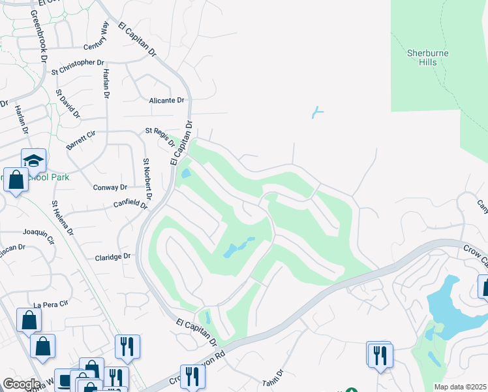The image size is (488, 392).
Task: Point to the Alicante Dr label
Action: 167,101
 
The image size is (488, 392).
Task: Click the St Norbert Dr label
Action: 147,179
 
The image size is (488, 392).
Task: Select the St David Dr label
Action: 67,104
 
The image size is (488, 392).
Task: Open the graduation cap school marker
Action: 33,159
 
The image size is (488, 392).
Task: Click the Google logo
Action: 22,384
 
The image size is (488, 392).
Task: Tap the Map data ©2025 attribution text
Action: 460,387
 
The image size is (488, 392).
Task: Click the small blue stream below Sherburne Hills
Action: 317,112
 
